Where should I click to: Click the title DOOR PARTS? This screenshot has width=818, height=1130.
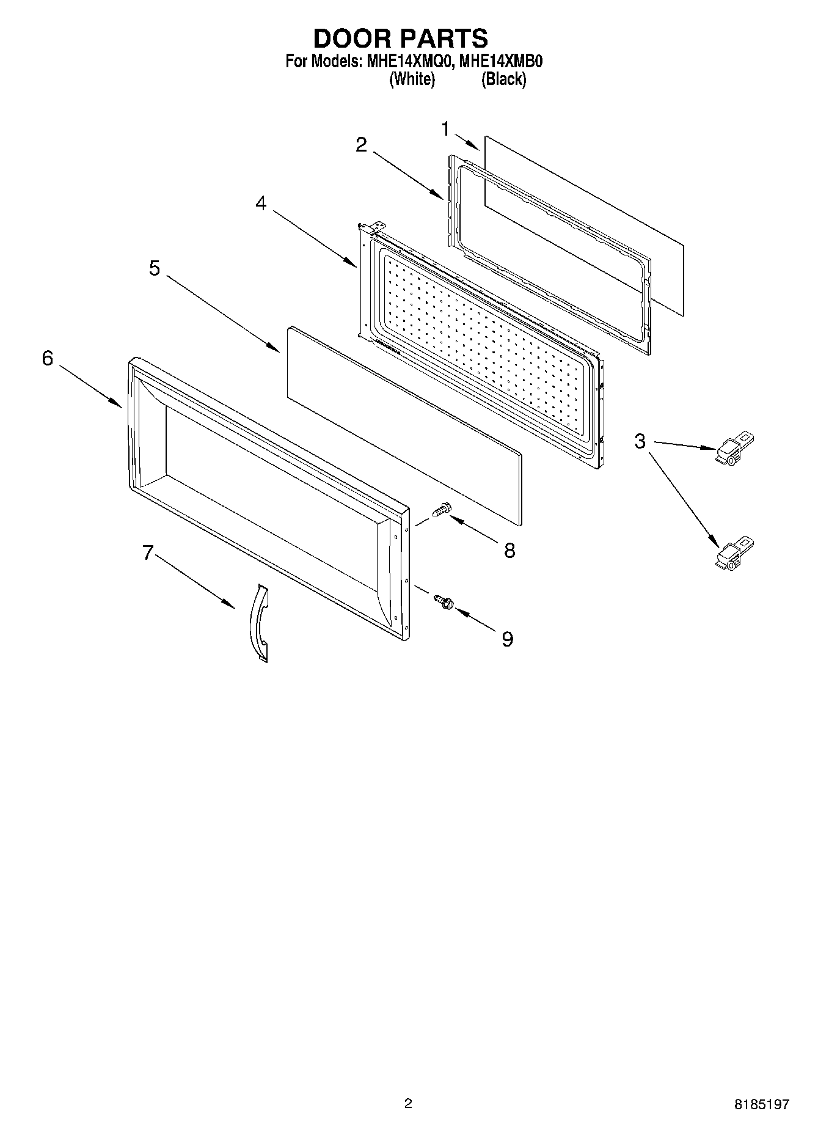[x=401, y=38]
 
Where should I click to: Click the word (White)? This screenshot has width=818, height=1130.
[x=412, y=79]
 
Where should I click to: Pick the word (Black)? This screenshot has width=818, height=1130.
[x=503, y=79]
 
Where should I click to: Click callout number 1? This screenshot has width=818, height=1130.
[x=446, y=129]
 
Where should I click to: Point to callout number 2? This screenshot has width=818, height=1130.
[x=362, y=145]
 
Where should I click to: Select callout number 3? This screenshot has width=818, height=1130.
[x=640, y=441]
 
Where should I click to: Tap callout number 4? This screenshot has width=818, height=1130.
[x=261, y=204]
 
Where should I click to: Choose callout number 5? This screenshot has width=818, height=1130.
[x=155, y=268]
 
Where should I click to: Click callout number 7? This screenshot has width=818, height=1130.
[x=147, y=552]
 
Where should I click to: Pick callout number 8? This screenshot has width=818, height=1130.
[x=509, y=550]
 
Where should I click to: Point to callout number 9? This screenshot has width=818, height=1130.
[x=507, y=639]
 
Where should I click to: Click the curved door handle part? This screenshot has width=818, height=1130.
[x=259, y=622]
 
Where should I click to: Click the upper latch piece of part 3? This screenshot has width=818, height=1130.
[x=735, y=449]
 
